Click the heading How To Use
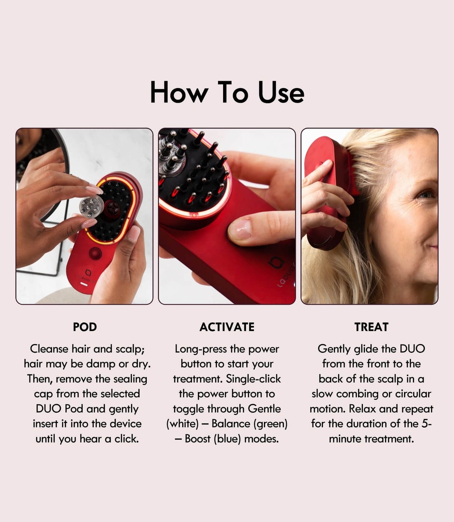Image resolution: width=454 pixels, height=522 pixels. (227, 92)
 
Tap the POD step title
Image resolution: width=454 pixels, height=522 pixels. (85, 327)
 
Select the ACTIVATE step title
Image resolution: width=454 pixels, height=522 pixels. (227, 327)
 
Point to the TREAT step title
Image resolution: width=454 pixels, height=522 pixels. (371, 327)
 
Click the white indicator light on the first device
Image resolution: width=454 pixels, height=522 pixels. (84, 284)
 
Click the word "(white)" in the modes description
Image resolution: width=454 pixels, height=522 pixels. (183, 424)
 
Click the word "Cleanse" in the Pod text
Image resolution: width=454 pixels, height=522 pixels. (49, 349)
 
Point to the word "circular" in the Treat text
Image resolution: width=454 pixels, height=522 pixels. (413, 394)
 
